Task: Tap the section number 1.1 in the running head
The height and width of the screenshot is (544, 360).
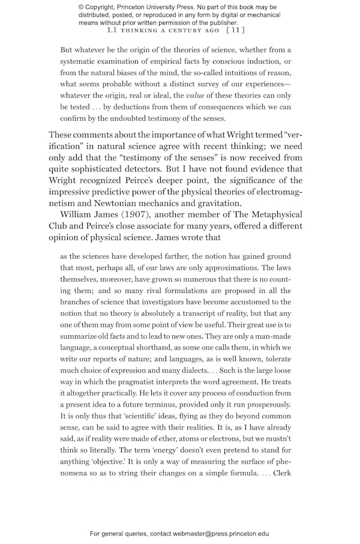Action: click(112, 29)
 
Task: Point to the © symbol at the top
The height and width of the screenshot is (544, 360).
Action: click(82, 7)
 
